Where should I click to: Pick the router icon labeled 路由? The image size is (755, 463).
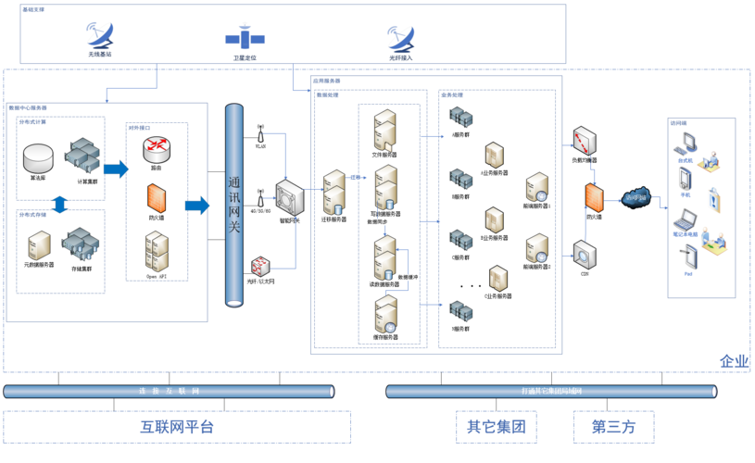pos(156,149)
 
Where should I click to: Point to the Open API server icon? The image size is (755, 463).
pos(157,251)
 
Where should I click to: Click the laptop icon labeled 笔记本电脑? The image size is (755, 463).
pos(686,221)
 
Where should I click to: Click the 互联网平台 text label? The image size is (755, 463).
pos(177,427)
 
